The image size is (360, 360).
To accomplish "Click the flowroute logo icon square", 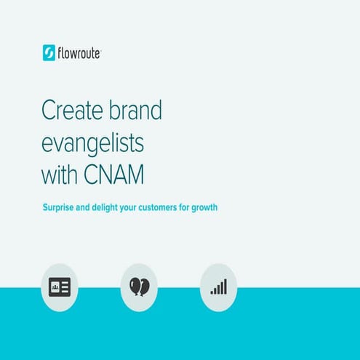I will (49, 53).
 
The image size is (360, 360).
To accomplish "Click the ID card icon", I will (58, 287).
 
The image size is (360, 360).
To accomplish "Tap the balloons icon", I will (138, 287).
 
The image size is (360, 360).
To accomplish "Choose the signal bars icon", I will (218, 287).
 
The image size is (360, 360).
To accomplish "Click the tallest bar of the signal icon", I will (225, 286).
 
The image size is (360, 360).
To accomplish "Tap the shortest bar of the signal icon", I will (212, 292).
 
